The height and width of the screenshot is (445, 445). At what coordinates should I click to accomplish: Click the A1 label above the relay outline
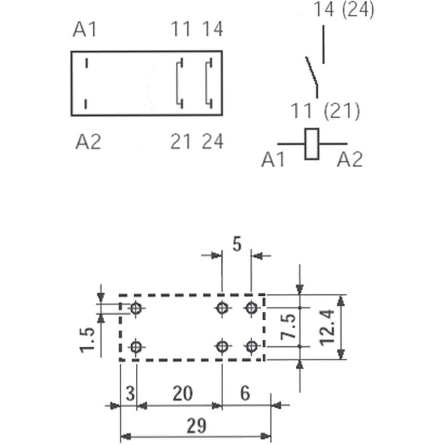(85, 30)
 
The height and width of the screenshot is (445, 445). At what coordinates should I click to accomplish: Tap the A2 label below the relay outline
(88, 142)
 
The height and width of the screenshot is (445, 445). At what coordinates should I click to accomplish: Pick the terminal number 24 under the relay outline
(212, 142)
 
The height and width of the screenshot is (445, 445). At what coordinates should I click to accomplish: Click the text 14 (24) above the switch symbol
(344, 10)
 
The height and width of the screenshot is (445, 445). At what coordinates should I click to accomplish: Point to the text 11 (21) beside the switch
(325, 111)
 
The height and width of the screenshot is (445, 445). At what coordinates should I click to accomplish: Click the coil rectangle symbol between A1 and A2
(311, 144)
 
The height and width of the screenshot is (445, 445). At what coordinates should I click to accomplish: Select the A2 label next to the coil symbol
(350, 159)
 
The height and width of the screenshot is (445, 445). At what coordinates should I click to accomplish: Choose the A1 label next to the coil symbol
(273, 159)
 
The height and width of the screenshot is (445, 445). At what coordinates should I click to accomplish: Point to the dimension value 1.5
(88, 339)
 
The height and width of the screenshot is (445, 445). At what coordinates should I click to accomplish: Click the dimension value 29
(196, 426)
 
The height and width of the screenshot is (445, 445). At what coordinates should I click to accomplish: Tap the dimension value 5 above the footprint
(237, 244)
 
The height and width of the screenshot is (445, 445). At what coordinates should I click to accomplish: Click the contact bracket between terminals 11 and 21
(179, 83)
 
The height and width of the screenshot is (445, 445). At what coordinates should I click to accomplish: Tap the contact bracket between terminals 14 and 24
(208, 83)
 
